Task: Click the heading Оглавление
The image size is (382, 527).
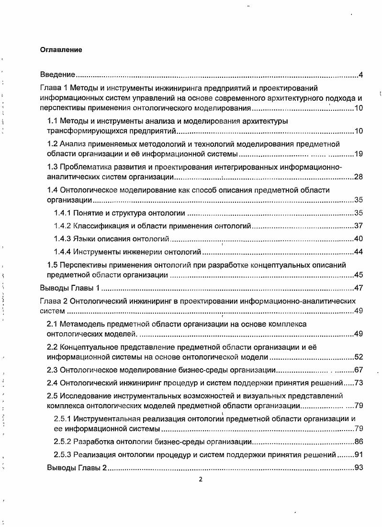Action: (x=61, y=50)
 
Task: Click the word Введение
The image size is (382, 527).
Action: (x=57, y=75)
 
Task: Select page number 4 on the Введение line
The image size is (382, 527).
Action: (x=361, y=75)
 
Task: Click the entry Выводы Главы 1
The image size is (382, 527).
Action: (x=69, y=288)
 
